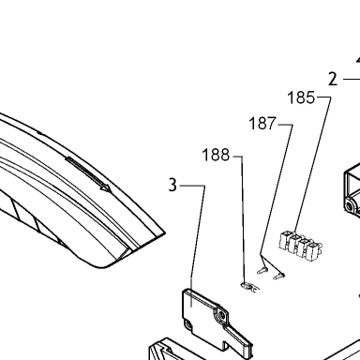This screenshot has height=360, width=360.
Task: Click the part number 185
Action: (301, 97)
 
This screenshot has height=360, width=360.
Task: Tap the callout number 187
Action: (262, 124)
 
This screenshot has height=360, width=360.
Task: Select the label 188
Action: (216, 155)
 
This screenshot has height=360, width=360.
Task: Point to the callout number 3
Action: (172, 185)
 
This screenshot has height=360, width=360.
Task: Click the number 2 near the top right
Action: (333, 79)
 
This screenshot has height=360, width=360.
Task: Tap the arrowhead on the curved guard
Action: (107, 187)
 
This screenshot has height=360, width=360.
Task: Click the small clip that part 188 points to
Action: (250, 288)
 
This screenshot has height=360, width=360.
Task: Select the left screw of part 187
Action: (262, 270)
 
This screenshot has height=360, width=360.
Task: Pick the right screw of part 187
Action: (279, 276)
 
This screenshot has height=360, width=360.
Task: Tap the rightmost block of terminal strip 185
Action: (314, 251)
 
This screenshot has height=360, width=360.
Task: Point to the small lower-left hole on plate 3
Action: (188, 324)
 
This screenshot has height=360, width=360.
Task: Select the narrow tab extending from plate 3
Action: (239, 340)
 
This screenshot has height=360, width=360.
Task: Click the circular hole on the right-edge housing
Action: (350, 205)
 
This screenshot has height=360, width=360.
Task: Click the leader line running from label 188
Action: (243, 218)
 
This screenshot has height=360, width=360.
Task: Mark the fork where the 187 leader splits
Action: (262, 255)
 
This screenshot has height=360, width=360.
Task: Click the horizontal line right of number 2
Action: (352, 79)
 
